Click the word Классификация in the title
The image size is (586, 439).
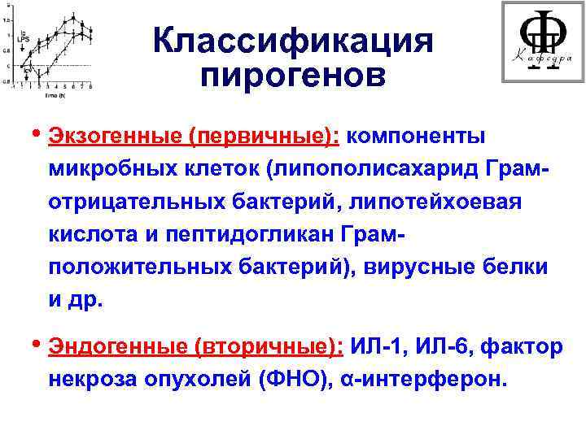(293, 41)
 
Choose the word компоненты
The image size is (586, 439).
(416, 134)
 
